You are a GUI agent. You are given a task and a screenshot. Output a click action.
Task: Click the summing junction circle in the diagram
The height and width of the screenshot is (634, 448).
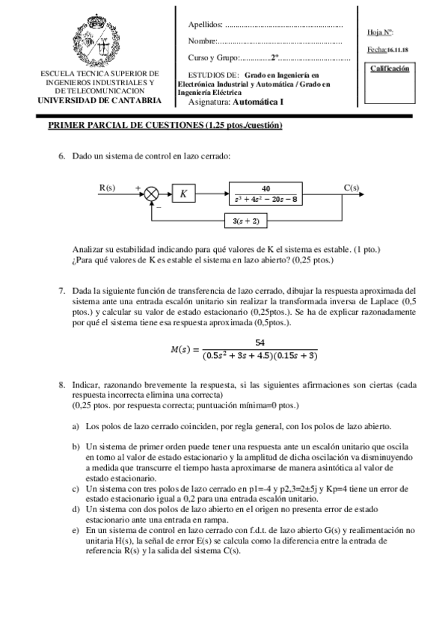tap(153, 194)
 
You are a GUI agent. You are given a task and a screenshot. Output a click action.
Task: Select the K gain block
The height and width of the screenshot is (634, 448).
tap(184, 194)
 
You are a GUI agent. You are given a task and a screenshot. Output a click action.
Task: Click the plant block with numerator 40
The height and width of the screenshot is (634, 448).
tap(266, 194)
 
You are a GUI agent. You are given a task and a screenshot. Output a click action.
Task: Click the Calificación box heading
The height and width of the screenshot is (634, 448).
tap(390, 68)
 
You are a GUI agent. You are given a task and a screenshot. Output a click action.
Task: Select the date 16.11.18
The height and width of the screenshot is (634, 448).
tap(396, 50)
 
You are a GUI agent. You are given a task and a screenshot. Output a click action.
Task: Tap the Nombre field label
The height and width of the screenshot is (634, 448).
tap(202, 41)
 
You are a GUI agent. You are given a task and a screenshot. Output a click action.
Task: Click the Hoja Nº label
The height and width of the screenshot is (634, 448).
tap(381, 32)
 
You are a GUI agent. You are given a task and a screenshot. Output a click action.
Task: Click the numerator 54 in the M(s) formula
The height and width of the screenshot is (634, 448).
tap(260, 342)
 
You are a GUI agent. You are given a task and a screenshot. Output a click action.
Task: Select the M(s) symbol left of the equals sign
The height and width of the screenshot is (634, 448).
tap(182, 350)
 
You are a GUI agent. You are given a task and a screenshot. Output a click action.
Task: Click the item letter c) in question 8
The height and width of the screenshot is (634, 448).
tap(76, 487)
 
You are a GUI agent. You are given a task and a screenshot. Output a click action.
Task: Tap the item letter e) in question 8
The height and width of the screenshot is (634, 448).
tap(76, 528)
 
